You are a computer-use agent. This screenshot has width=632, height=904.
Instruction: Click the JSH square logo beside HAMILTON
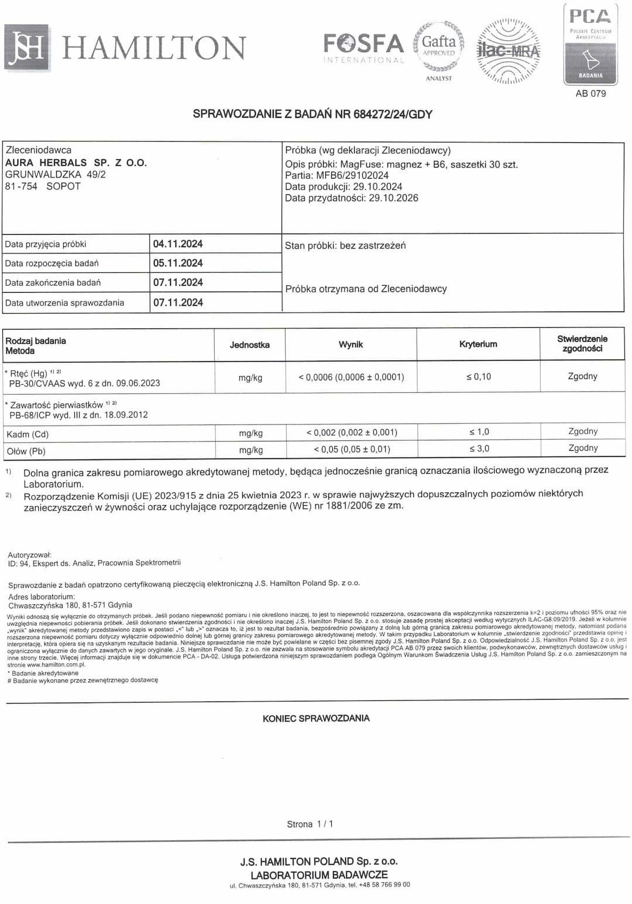pos(26,47)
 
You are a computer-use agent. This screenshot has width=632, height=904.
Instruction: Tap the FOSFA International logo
pos(363,47)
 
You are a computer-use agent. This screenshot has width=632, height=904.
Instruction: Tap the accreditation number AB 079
pos(590,94)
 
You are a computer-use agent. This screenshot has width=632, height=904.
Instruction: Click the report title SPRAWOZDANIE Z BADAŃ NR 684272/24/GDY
pos(312,114)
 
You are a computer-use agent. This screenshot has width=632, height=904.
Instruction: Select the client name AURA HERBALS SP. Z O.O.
pos(76,163)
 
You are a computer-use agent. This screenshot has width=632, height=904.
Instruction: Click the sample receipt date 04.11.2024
pos(178,244)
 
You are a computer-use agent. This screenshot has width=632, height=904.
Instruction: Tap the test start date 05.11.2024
pos(178,263)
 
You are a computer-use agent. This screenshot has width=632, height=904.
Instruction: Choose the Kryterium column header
pos(478,344)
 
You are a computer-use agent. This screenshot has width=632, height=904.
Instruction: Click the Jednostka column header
pos(250,345)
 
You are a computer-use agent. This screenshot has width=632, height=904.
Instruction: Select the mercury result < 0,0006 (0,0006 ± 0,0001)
pos(351,377)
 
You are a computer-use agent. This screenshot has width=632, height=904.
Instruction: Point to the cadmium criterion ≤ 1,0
pos(479,432)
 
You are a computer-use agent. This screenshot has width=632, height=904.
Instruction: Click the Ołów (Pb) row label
pos(26,451)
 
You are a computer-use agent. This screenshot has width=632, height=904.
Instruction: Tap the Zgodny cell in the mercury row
pos(582,376)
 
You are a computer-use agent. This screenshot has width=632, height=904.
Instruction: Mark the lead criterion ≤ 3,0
pos(479,449)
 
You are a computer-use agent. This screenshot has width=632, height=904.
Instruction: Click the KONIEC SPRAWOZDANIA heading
pos(316,718)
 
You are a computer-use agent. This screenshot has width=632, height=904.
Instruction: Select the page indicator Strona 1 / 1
pos(310,824)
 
